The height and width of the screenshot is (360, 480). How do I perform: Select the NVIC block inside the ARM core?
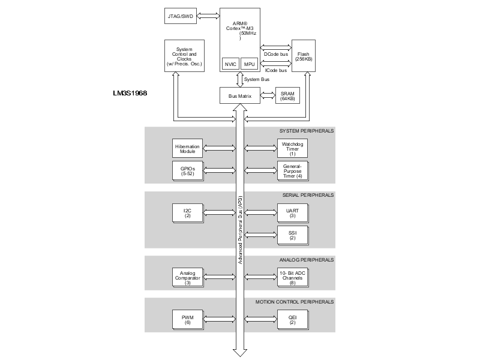pos(230,63)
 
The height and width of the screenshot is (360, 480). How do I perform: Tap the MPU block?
pos(249,63)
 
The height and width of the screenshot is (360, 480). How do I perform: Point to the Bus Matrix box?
pos(239,95)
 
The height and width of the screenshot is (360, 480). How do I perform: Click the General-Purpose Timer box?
pos(292,171)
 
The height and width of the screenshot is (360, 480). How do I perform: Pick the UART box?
pos(292,212)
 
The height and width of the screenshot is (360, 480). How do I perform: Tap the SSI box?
pos(292,235)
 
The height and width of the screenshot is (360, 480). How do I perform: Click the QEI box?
pos(292,318)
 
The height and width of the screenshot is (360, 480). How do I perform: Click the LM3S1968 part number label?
pos(130,94)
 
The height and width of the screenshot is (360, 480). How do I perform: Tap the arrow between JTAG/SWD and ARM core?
pos(209,16)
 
